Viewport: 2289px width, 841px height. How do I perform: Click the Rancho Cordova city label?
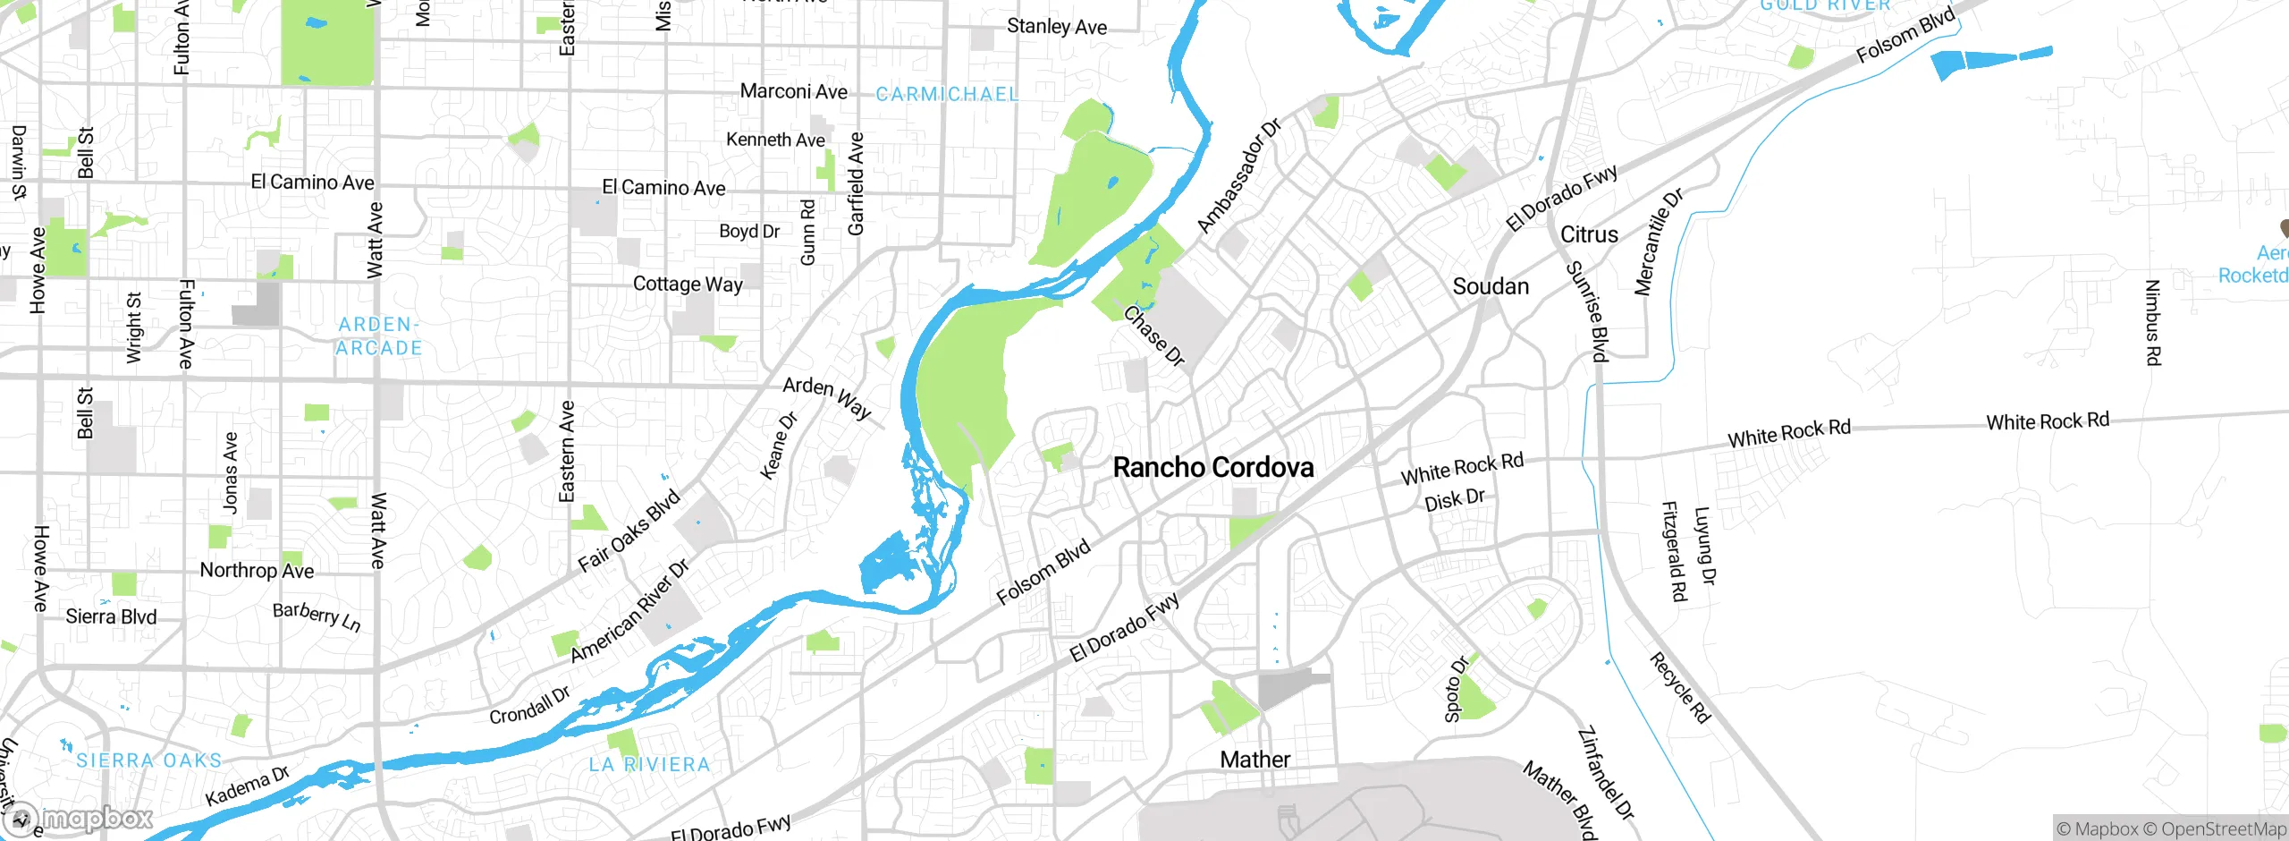click(1212, 467)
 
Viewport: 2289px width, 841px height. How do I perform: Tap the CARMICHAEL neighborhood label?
click(947, 94)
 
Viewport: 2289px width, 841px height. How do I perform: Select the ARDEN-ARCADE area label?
click(378, 336)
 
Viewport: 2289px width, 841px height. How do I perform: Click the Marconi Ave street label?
click(793, 91)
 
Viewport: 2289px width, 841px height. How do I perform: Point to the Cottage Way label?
click(688, 284)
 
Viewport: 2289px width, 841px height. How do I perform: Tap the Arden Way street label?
click(826, 397)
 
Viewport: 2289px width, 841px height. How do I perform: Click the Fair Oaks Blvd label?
click(629, 531)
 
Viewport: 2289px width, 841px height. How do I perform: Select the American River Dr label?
click(629, 611)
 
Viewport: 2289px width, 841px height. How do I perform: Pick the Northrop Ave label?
click(257, 570)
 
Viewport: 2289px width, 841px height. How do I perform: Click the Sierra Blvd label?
click(111, 616)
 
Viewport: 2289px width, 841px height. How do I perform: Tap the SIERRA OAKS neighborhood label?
click(148, 760)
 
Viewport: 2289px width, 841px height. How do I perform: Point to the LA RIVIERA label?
click(649, 764)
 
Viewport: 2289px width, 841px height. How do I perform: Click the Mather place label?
click(1254, 760)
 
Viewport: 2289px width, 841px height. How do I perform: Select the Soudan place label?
click(1490, 286)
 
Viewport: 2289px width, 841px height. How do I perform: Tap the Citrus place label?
click(1589, 234)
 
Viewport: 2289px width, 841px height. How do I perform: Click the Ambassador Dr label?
click(1238, 175)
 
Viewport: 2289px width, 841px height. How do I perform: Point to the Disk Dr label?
click(1454, 499)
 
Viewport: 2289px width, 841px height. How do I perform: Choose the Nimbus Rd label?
click(2153, 322)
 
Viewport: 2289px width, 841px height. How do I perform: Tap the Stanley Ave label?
click(1056, 27)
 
